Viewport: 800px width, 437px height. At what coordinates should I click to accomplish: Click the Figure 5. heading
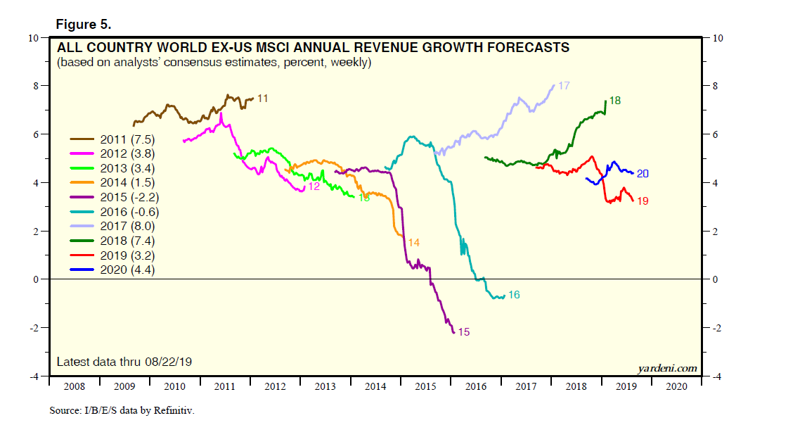84,25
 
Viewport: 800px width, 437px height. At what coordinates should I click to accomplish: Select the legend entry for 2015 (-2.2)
129,196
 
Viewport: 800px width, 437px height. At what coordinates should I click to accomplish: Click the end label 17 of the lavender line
564,86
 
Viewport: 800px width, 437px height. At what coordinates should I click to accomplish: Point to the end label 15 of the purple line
464,331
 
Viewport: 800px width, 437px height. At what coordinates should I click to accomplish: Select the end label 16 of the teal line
514,295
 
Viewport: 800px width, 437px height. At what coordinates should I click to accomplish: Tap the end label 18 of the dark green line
614,101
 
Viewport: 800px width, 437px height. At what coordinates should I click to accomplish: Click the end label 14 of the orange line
414,243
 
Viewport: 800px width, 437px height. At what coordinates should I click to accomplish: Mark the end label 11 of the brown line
262,99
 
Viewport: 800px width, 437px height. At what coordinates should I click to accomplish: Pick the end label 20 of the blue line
643,173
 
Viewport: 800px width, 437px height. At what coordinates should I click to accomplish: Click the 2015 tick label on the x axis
425,386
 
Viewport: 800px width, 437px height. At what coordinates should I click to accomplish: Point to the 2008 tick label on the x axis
74,386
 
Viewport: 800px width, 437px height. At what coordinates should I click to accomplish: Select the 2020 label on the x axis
676,386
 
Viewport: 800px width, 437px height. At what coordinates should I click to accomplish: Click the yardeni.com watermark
667,367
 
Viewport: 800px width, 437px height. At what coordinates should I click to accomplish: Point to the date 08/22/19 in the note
168,362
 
